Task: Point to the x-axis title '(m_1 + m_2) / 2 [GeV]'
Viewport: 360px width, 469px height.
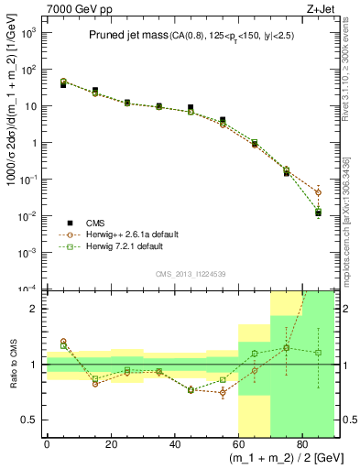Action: [x=282, y=456]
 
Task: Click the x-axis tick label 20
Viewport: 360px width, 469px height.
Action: [x=111, y=440]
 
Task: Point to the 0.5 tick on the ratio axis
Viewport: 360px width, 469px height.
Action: [x=29, y=420]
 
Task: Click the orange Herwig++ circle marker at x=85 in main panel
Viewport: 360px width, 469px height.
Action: [x=319, y=192]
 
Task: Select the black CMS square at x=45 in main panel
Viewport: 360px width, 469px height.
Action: [x=190, y=108]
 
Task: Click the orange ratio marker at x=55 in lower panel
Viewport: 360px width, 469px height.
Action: [x=222, y=393]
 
